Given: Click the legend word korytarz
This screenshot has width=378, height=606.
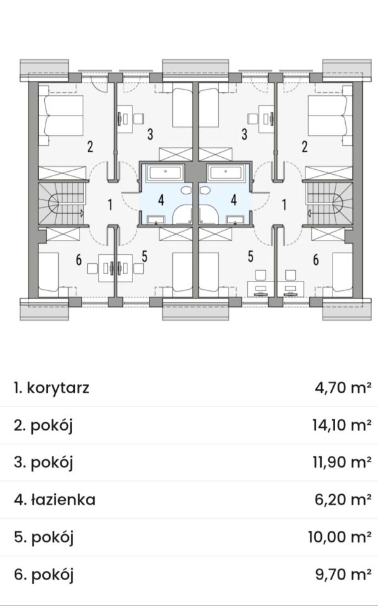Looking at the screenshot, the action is pos(58,388).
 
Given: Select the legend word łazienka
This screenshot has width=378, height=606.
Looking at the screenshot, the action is pos(63,500).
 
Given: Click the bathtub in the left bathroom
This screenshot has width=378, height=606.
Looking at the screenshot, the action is pos(166,172).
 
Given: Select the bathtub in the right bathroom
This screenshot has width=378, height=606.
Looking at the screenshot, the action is pos(225,172).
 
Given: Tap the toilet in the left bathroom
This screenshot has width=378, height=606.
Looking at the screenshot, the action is pos(187,191).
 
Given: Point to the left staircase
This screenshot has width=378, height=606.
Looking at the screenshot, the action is pos(61,204).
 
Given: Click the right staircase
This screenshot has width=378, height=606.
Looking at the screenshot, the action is pos(329,204).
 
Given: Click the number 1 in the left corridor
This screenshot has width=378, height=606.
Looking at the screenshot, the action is pos(110,205).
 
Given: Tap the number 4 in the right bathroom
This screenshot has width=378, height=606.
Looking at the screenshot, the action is pos(233,200).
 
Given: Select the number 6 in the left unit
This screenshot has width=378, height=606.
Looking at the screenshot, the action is pos(79,260).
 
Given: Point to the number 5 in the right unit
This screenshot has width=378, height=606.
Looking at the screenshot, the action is pos(251,256).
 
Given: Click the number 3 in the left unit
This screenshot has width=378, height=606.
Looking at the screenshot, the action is pos(150,134).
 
